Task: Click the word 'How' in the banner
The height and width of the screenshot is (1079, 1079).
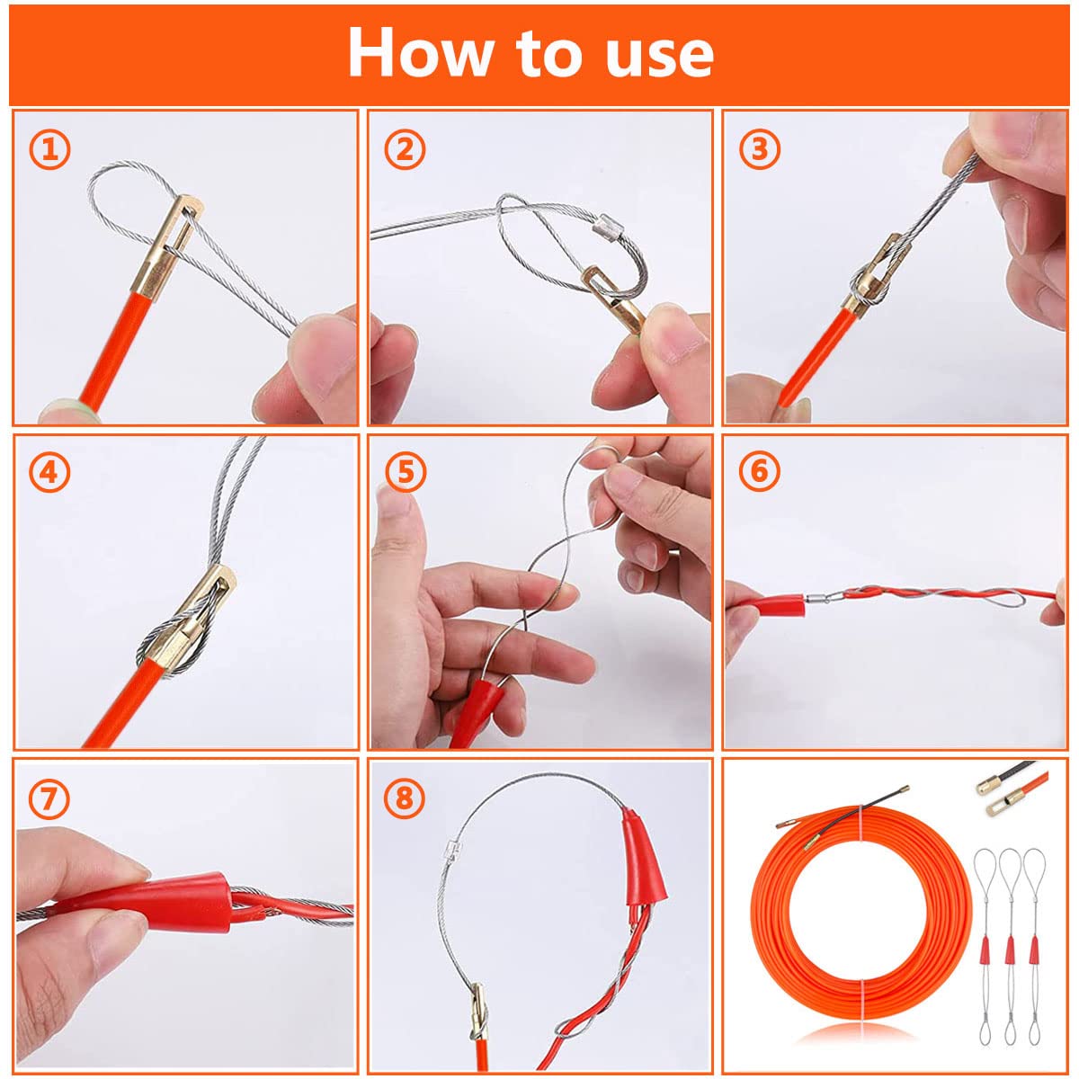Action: (x=419, y=53)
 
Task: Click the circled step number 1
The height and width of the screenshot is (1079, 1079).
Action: (x=49, y=149)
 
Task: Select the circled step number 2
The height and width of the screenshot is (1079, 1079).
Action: (x=405, y=149)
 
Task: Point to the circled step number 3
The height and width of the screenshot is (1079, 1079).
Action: (x=759, y=149)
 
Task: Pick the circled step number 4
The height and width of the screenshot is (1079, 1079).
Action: (x=49, y=473)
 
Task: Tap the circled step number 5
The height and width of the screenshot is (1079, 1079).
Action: (x=406, y=473)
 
